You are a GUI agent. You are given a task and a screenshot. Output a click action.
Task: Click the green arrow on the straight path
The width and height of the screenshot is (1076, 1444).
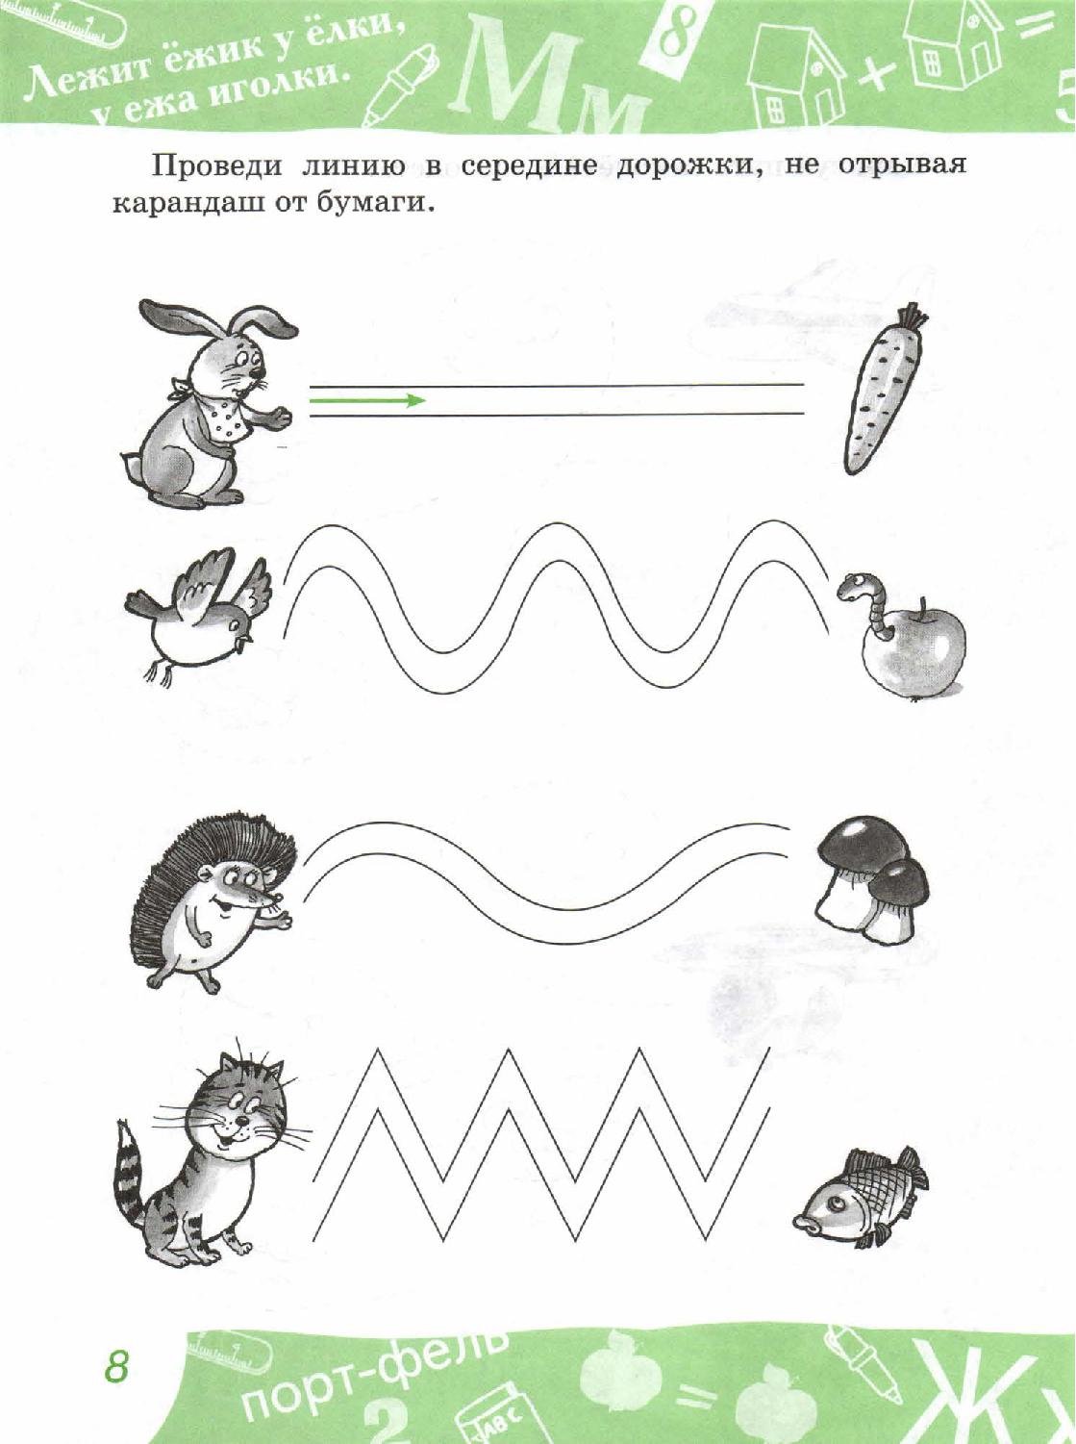367,400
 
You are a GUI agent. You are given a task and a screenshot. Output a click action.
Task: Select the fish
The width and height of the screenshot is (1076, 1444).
861,1190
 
